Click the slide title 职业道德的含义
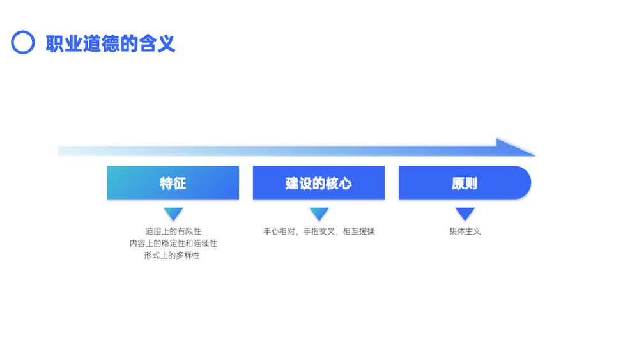111,43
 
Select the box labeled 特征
173,183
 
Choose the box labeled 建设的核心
319,183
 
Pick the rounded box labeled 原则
465,183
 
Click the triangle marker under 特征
173,214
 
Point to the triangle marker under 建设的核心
319,214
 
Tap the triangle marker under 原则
465,214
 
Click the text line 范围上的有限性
173,231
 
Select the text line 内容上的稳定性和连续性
173,244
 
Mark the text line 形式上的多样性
172,255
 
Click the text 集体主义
465,231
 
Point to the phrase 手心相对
279,231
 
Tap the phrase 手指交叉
319,231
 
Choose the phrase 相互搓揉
358,231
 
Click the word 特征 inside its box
173,184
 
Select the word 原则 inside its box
464,184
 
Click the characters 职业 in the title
64,43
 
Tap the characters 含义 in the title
157,43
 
